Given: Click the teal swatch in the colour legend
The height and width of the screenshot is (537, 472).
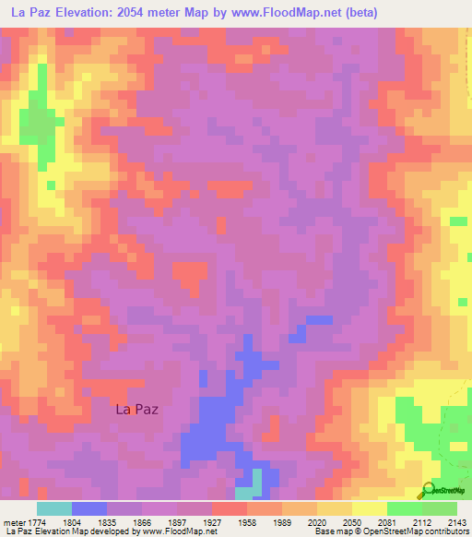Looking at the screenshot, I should (54, 508).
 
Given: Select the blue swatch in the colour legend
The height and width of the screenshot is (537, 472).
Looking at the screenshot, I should (89, 508).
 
